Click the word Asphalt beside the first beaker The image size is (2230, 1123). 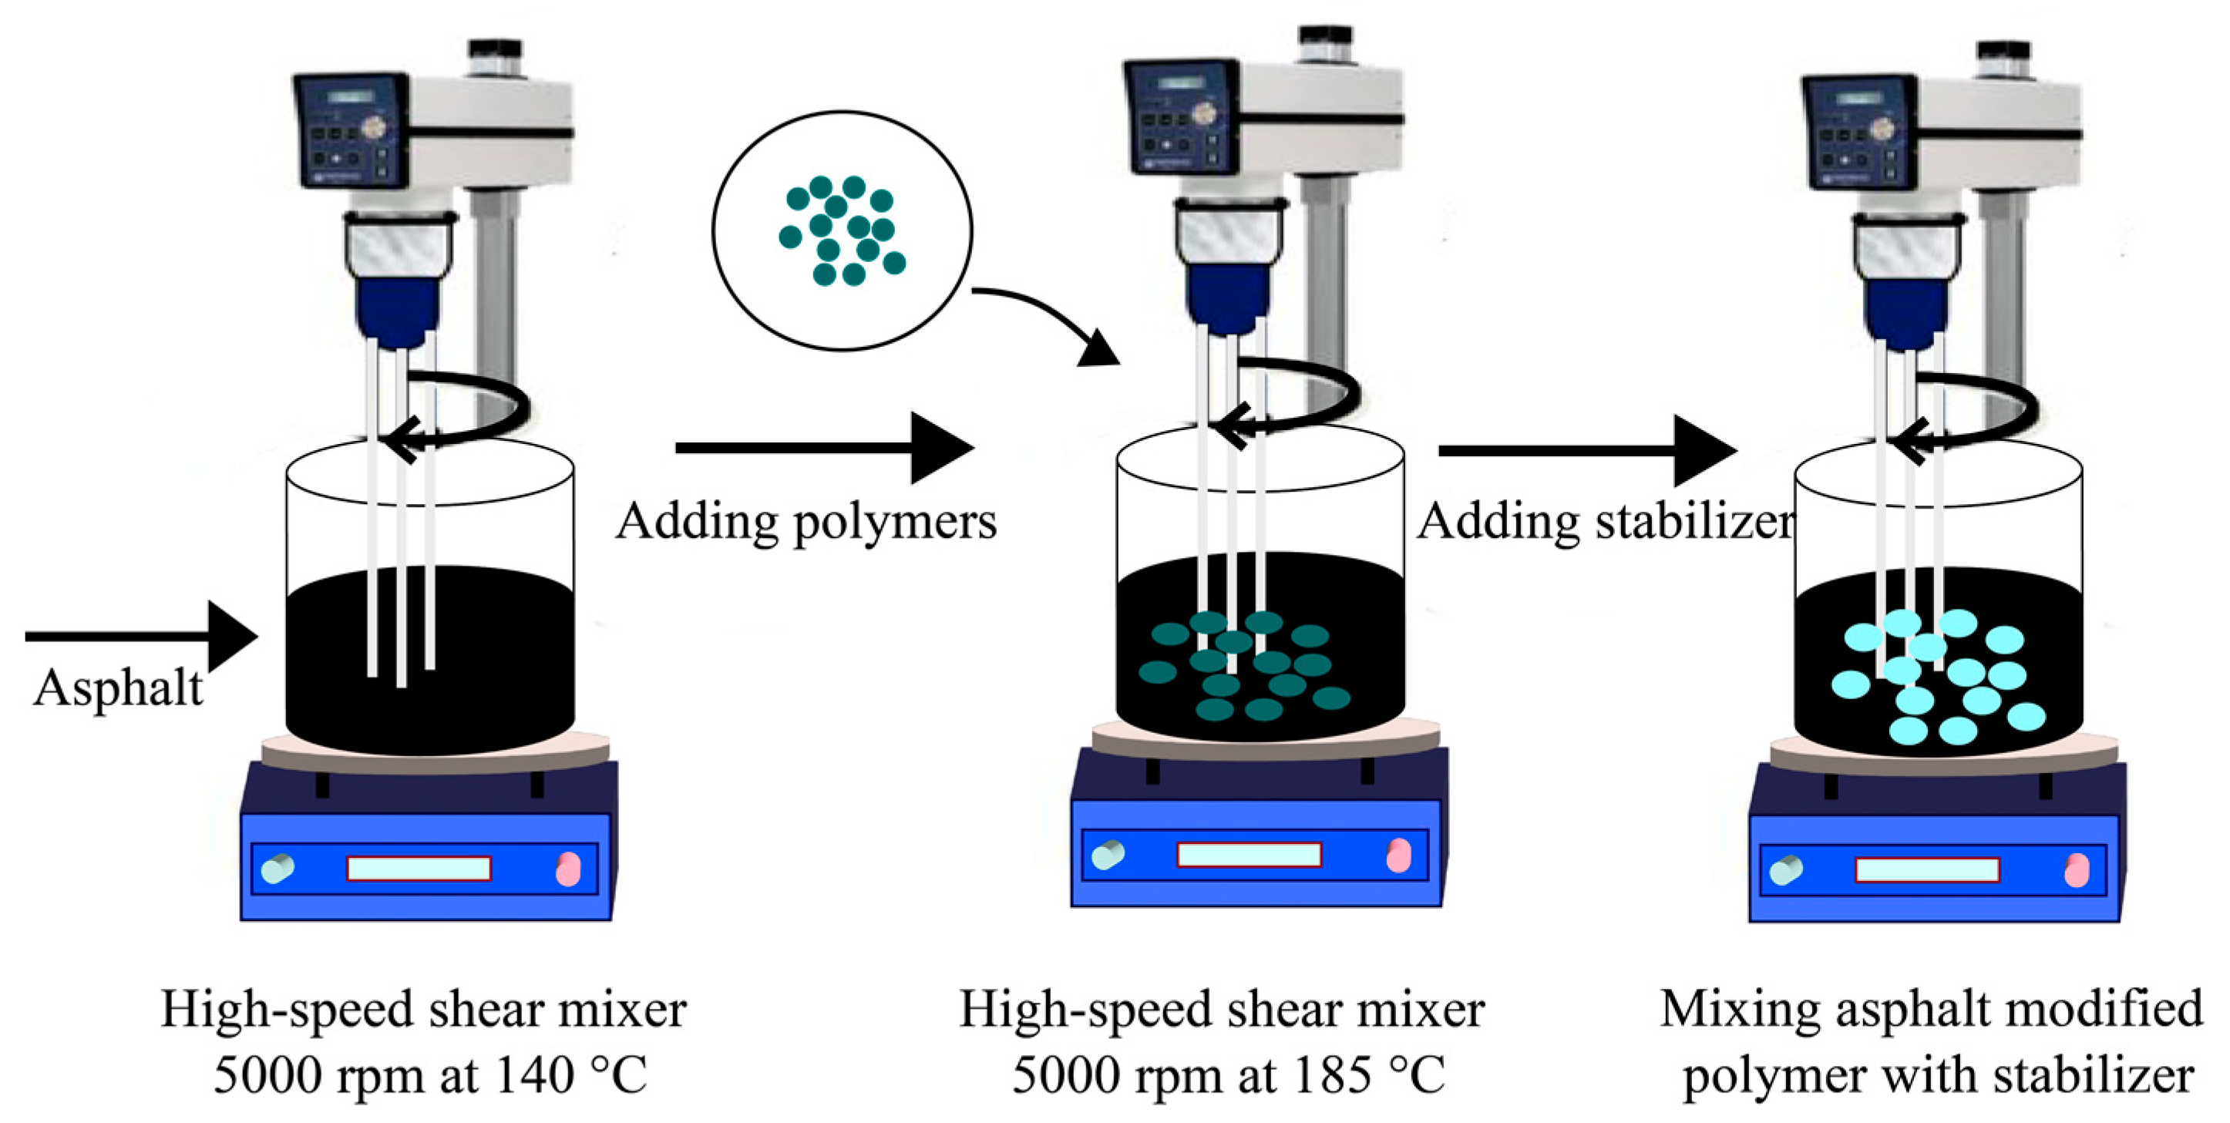click(x=118, y=690)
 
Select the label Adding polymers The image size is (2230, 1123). click(x=806, y=522)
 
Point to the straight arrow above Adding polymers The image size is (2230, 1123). click(x=822, y=448)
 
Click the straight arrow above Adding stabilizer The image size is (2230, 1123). click(x=1584, y=451)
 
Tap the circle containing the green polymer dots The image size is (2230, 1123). click(x=842, y=230)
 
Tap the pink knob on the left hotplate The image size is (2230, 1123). click(x=568, y=869)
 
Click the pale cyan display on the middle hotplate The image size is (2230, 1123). click(x=1248, y=855)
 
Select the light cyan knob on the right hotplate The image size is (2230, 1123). click(x=1785, y=869)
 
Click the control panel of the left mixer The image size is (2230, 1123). click(x=351, y=130)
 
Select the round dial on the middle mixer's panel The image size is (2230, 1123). click(x=1204, y=113)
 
